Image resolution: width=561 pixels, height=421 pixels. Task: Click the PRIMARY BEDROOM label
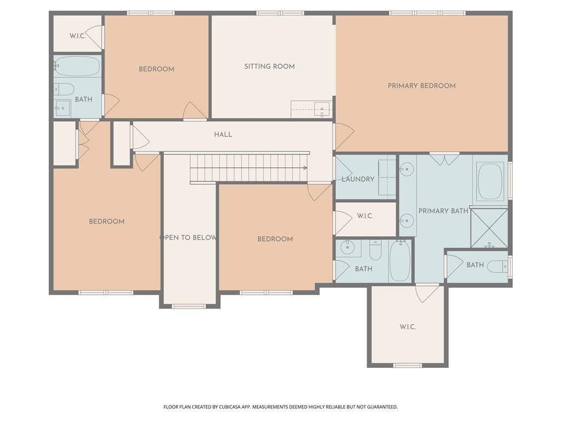coord(421,86)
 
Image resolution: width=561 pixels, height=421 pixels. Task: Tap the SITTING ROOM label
coord(270,66)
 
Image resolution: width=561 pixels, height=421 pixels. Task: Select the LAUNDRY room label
coord(358,179)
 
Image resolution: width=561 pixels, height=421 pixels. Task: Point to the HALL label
coord(223,134)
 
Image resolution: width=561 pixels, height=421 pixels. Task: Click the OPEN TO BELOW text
coord(188,237)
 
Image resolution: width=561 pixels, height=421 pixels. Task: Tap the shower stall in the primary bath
coord(489,227)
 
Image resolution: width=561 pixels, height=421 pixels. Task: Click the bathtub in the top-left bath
coord(77,66)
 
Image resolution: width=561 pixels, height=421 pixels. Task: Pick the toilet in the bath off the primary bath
coord(497,266)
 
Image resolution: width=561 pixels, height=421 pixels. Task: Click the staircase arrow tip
coord(305,168)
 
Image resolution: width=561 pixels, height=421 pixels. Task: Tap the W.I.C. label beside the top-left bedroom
coord(77,36)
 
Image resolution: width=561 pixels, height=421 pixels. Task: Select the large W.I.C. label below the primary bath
coord(408,327)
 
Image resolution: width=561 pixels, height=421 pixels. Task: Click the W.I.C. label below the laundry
coord(365,216)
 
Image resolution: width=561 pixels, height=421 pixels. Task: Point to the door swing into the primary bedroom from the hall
coord(343,135)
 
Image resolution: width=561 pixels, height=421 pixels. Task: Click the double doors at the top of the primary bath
coord(444,160)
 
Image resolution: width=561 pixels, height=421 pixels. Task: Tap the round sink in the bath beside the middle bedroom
coord(347,248)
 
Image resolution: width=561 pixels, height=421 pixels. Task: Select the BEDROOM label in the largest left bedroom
coord(107,221)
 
